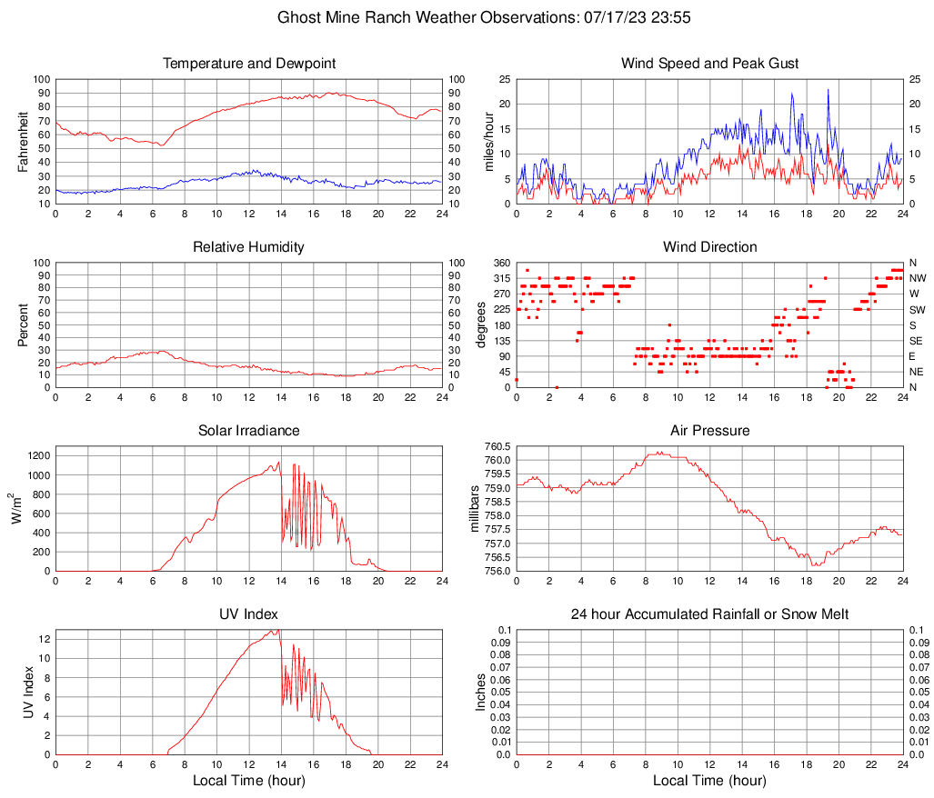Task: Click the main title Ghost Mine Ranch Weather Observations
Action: (x=467, y=17)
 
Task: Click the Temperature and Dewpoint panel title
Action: (x=249, y=64)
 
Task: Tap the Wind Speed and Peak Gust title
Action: (x=709, y=64)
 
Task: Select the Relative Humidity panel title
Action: (x=249, y=247)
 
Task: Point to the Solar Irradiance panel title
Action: (x=249, y=431)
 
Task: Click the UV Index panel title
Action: (x=249, y=614)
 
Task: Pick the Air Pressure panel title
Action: (x=709, y=431)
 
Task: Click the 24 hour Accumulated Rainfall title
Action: (x=709, y=614)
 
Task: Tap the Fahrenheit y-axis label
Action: (x=25, y=142)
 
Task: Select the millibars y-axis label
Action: (x=474, y=509)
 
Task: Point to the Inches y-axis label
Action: (x=481, y=693)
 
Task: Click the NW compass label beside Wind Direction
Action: (x=918, y=278)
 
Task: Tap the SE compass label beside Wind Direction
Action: (x=917, y=341)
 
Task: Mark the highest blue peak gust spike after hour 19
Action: (x=829, y=90)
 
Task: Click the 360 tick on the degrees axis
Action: (x=500, y=263)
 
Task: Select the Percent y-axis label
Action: (x=25, y=325)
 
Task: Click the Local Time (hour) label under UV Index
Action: (x=249, y=781)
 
